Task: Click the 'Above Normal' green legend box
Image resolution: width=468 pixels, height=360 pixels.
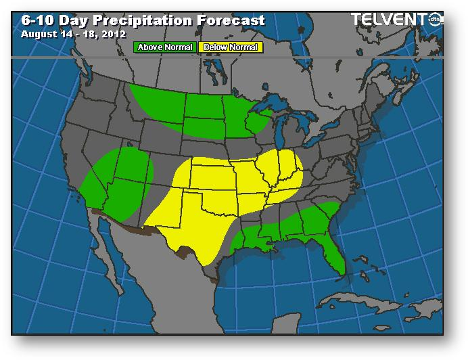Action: (x=165, y=47)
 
